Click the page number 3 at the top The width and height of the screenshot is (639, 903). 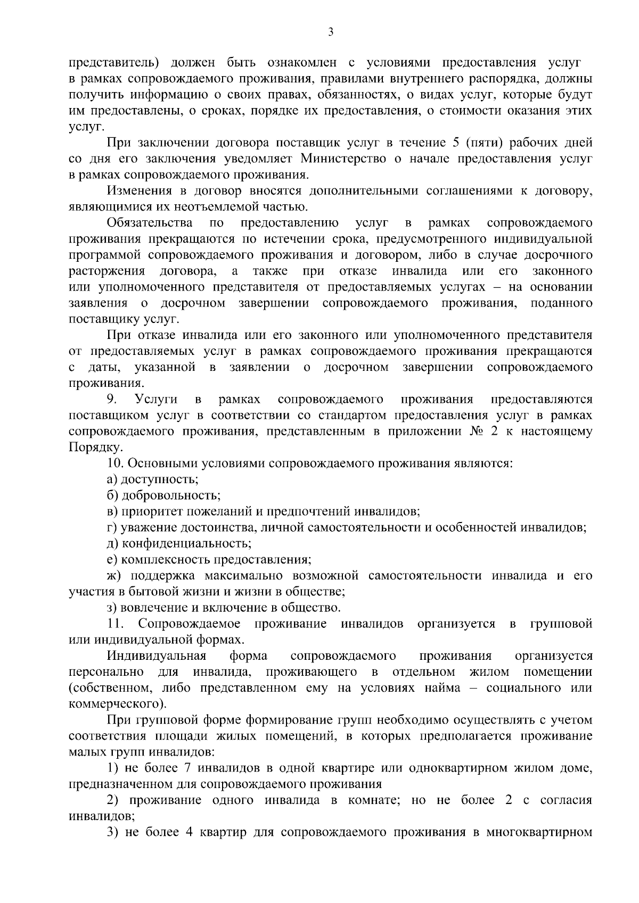point(331,33)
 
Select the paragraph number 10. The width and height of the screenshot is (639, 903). point(114,463)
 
